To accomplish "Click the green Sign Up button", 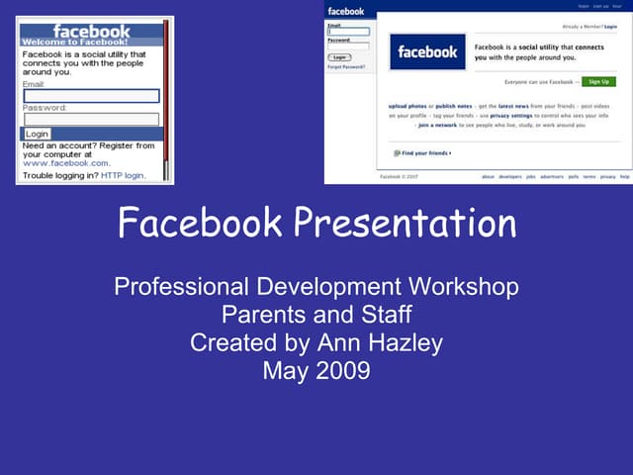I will [595, 81].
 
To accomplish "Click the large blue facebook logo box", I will [428, 52].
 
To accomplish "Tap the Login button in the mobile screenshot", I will [37, 134].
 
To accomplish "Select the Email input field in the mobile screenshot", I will [91, 96].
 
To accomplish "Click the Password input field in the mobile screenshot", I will [91, 119].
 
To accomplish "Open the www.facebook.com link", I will [66, 162].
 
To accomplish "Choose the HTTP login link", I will [123, 175].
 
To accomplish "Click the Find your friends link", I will [423, 153].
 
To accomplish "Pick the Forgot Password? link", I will [346, 66].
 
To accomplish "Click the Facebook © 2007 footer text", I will [400, 176].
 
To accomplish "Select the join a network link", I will [438, 125].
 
